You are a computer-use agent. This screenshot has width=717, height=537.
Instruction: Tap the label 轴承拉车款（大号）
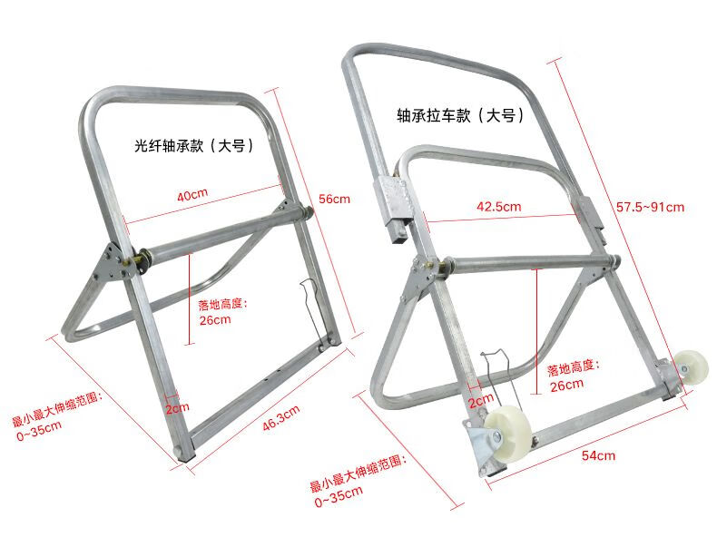pos(462,115)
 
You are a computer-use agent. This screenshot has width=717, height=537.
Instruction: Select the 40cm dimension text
pos(192,196)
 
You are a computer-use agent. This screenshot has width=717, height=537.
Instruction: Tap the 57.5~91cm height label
pos(649,207)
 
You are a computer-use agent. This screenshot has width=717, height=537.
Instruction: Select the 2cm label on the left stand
pos(177,407)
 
